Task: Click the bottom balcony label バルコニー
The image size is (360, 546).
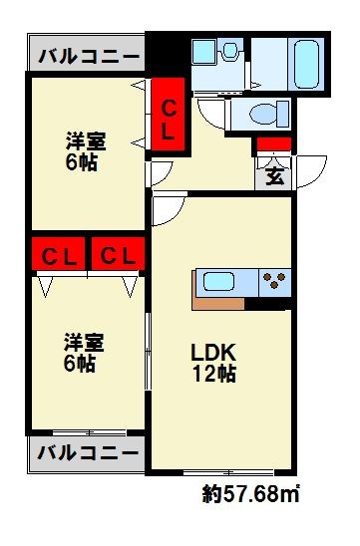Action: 87,453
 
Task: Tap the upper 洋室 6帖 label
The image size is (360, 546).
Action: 82,152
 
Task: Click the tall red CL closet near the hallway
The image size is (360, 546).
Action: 169,117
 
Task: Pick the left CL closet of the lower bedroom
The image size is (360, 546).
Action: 59,255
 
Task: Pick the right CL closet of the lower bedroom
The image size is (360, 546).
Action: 118,255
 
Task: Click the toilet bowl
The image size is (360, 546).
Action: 262,114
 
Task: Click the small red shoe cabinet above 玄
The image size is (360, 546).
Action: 273,144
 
